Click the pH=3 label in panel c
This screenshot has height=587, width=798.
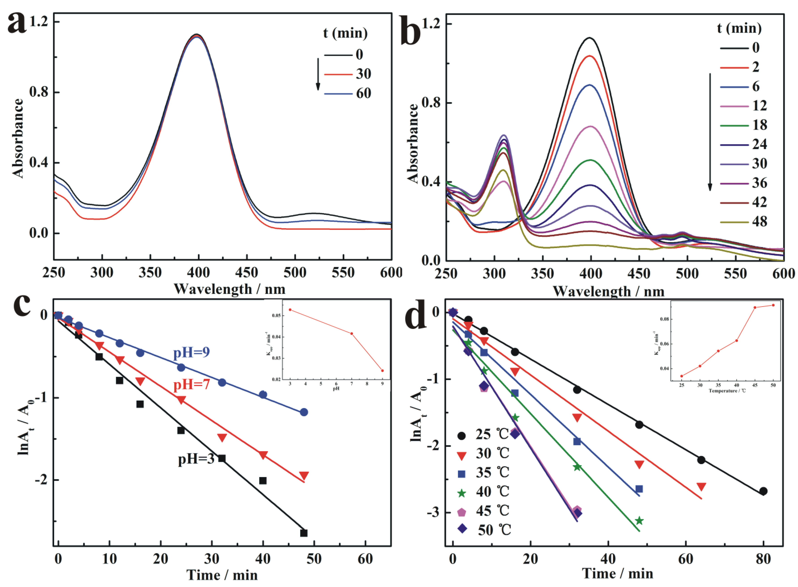[x=196, y=459]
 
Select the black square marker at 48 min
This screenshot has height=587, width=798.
[x=303, y=533]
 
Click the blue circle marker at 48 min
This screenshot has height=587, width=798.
[x=303, y=412]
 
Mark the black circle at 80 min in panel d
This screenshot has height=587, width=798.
[x=763, y=491]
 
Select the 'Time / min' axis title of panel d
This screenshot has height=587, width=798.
[x=618, y=574]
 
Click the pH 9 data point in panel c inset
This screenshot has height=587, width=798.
[x=382, y=371]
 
